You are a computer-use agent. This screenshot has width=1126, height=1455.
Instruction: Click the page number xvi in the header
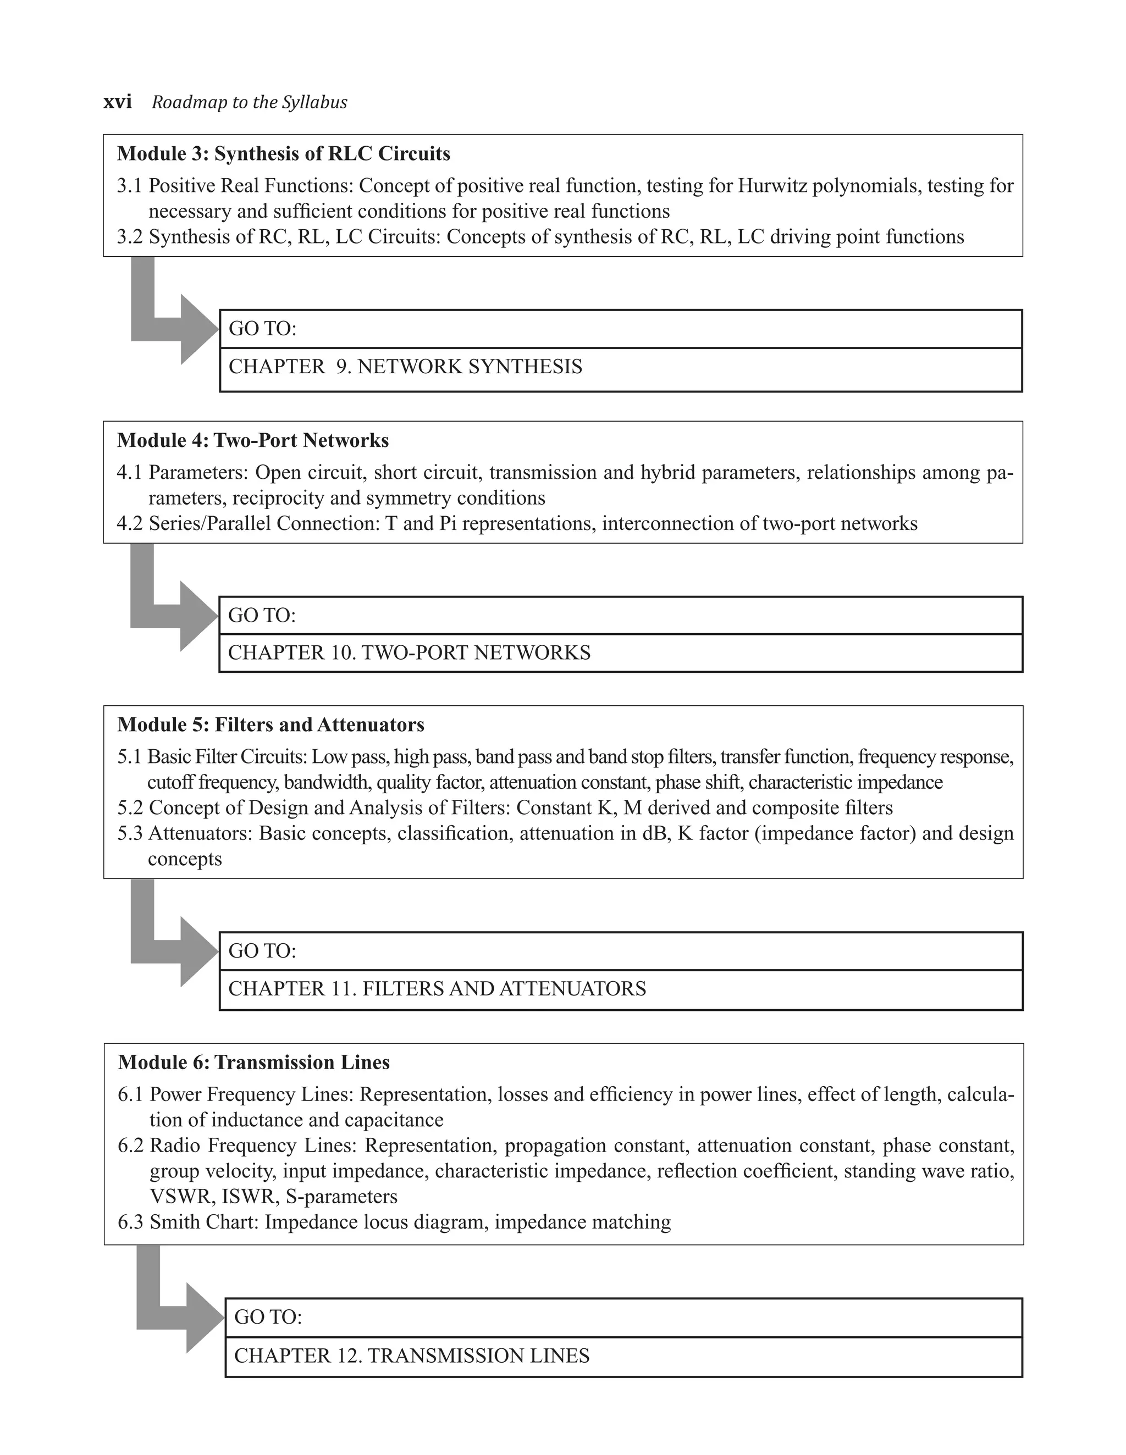[x=117, y=102]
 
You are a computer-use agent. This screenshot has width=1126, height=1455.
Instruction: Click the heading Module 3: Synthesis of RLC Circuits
[x=284, y=154]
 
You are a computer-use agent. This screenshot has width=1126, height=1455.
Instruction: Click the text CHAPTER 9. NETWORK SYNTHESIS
[x=405, y=367]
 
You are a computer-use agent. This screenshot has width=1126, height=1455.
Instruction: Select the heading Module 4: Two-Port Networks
[x=253, y=440]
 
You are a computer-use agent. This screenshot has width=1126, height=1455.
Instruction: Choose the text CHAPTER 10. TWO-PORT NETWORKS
[x=409, y=652]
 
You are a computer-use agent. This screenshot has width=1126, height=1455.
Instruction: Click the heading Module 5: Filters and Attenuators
[x=271, y=725]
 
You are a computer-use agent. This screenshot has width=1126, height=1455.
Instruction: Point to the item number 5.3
[x=131, y=833]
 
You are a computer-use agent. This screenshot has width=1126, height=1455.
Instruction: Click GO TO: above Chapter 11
[x=262, y=951]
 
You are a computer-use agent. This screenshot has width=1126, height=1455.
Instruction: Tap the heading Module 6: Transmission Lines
[x=254, y=1063]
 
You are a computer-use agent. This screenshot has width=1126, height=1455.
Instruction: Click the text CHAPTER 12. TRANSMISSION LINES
[x=412, y=1355]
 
